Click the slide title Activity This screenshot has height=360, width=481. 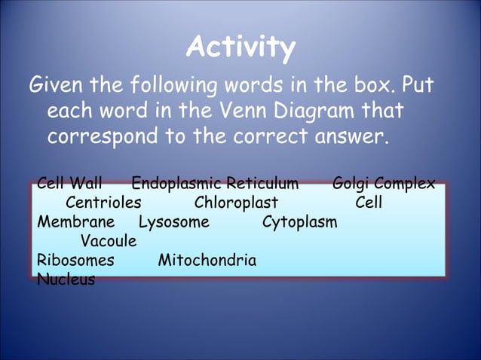click(x=240, y=48)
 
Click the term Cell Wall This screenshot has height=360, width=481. click(x=69, y=184)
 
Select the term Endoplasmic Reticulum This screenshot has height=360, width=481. click(x=215, y=184)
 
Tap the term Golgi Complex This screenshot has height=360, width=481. click(x=383, y=184)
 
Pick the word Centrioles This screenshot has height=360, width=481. click(x=103, y=203)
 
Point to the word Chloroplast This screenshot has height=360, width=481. click(x=236, y=203)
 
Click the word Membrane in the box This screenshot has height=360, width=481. click(x=76, y=223)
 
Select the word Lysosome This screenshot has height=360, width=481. click(x=174, y=223)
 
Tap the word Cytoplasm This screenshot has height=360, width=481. click(x=299, y=223)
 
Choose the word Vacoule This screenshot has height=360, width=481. click(x=109, y=242)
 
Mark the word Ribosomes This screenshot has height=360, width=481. click(x=76, y=261)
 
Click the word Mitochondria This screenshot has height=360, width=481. click(x=207, y=261)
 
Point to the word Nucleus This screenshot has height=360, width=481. click(x=66, y=280)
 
